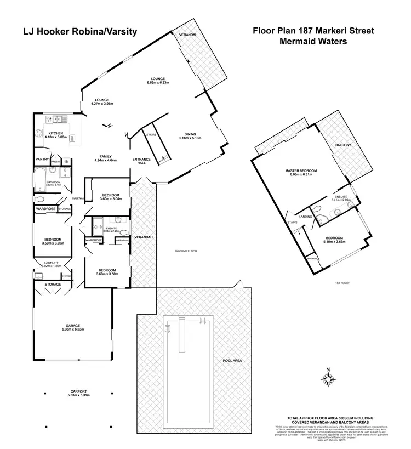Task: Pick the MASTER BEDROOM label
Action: [x=301, y=173]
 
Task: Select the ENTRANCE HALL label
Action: [x=141, y=161]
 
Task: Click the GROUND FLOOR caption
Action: [x=186, y=251]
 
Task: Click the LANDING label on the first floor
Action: [x=306, y=217]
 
